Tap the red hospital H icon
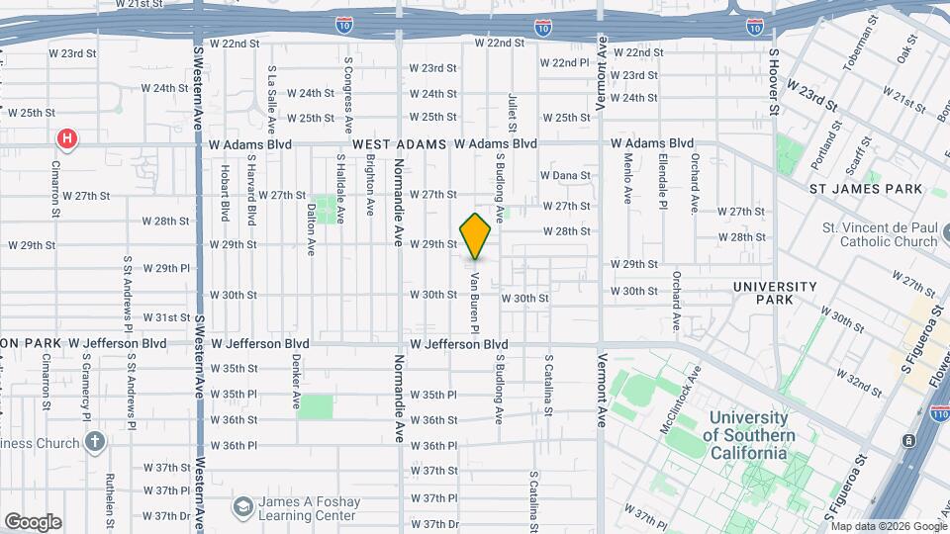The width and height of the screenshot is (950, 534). pos(66,138)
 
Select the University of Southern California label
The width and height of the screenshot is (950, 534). pos(750,435)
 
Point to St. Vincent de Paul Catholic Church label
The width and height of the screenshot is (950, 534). pos(881,234)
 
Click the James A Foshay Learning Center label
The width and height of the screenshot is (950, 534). pos(307,508)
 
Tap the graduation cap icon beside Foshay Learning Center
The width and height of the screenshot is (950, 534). pos(242,508)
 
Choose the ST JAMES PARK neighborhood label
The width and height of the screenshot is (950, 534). pos(865,189)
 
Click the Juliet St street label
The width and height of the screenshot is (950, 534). pos(513,113)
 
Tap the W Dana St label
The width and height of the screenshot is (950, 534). pos(565,175)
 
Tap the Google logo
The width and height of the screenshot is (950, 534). pos(32,522)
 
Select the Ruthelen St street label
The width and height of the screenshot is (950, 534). pos(109,501)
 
